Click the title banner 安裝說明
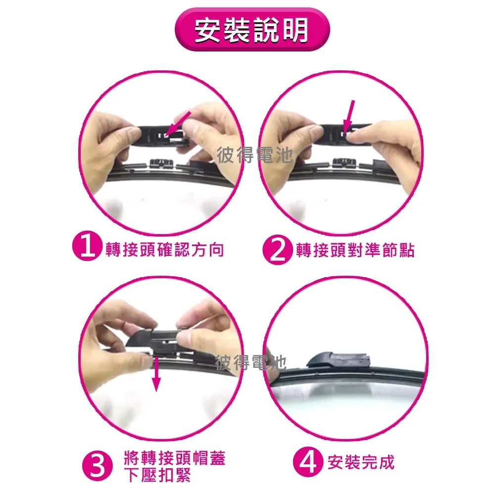click(252, 30)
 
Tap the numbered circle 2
click(278, 250)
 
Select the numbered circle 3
click(97, 467)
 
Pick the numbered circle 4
click(308, 462)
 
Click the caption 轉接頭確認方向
click(165, 249)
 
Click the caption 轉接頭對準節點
click(355, 250)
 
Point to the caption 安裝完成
click(361, 462)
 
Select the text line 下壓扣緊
click(157, 475)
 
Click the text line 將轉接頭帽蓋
click(175, 458)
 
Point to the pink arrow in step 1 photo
click(178, 123)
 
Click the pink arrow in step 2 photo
click(349, 116)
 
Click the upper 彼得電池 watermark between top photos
click(254, 155)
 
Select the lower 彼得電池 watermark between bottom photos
click(250, 362)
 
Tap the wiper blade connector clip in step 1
click(161, 163)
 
